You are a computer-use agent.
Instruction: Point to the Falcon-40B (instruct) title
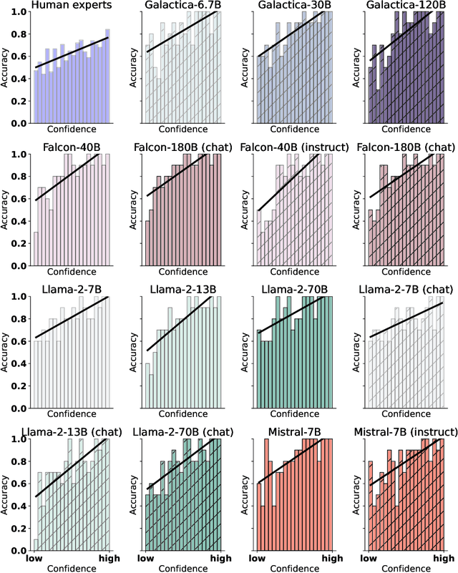pos(291,148)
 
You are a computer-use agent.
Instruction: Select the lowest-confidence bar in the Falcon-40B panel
pos(35,221)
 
